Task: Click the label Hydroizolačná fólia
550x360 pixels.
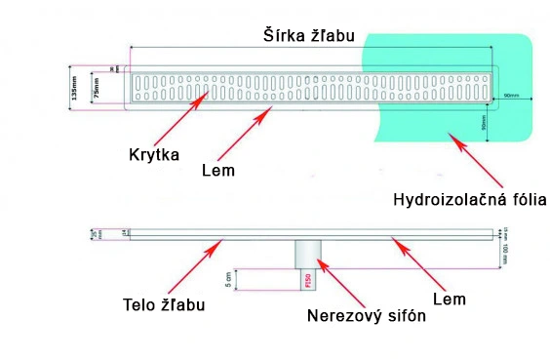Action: (469, 200)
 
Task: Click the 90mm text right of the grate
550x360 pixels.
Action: (511, 95)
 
